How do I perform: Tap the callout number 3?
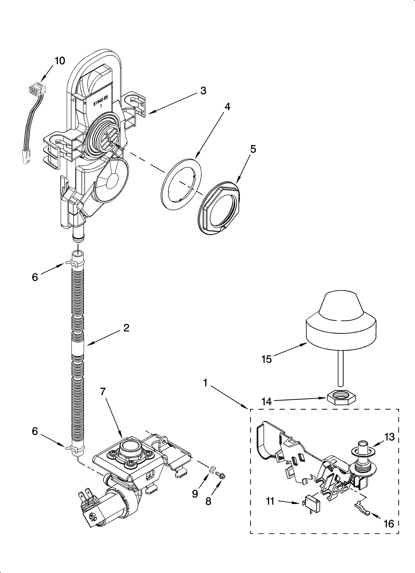pyautogui.click(x=203, y=91)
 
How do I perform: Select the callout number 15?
pyautogui.click(x=267, y=359)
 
